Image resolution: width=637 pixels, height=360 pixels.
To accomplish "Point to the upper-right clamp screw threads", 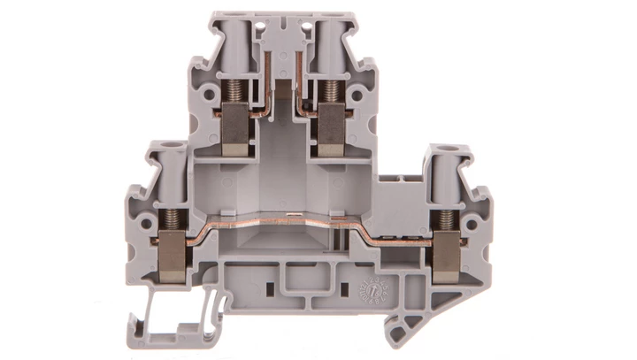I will [x=330, y=89].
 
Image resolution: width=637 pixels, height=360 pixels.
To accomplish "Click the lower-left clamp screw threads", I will [x=170, y=218].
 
